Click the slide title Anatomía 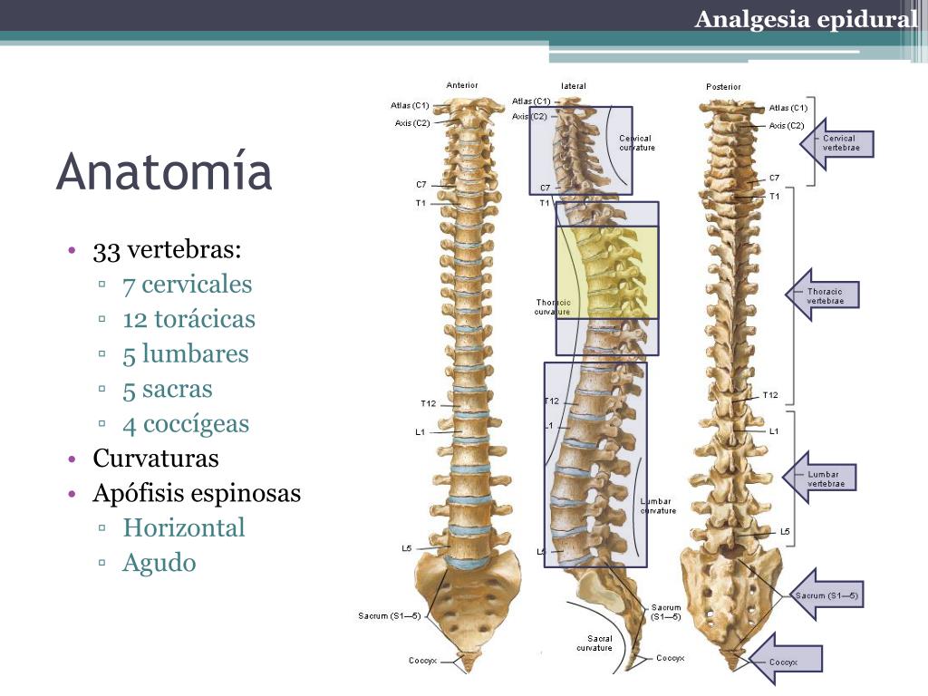pos(164,172)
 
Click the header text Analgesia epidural pos(806,19)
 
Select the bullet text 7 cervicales pos(187,285)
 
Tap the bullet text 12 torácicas pos(188,320)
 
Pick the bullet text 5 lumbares pos(185,354)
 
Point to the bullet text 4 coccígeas pos(186,424)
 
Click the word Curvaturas pos(156,459)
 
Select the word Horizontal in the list pos(184,528)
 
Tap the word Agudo pos(159,563)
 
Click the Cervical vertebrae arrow pos(837,143)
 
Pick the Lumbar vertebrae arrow pos(820,478)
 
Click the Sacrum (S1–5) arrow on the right pos(825,595)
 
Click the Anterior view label pos(462,85)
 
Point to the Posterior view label pos(723,87)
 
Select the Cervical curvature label pos(636,142)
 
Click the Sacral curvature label pos(594,643)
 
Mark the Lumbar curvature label pos(658,505)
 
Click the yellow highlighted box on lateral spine pos(606,272)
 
